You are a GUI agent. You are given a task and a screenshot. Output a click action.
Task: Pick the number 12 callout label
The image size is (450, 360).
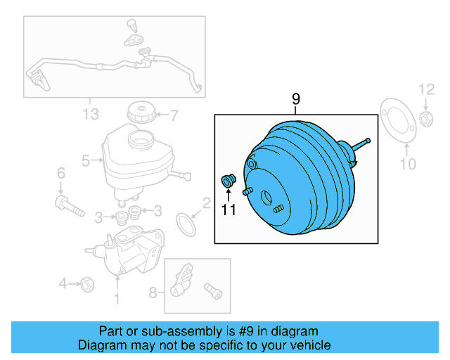pyautogui.click(x=427, y=89)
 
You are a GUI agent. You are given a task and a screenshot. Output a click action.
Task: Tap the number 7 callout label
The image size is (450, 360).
pyautogui.click(x=174, y=115)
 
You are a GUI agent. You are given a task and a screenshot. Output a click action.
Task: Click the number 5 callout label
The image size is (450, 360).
pyautogui.click(x=86, y=161)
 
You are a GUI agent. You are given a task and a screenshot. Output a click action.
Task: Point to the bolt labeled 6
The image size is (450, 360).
pyautogui.click(x=68, y=205)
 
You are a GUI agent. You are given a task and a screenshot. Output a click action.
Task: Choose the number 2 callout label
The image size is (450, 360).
pyautogui.click(x=206, y=204)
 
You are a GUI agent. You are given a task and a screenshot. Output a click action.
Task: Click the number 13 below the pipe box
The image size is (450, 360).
pyautogui.click(x=90, y=114)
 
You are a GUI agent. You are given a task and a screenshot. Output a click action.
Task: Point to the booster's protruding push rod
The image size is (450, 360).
pyautogui.click(x=361, y=146)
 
